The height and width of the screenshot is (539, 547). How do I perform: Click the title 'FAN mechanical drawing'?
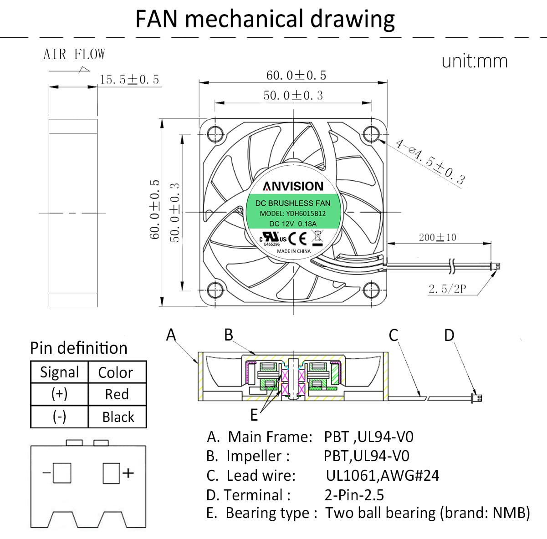(265, 20)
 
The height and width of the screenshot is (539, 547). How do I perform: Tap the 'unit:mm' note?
(474, 61)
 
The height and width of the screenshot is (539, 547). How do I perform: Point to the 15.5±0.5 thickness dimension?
(129, 80)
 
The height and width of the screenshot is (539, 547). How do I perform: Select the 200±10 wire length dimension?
(437, 237)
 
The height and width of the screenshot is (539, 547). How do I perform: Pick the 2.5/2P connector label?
(447, 289)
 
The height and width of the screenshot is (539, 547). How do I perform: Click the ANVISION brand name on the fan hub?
(293, 186)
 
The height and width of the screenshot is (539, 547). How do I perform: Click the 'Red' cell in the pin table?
(117, 394)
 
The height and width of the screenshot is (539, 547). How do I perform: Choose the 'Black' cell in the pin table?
(118, 417)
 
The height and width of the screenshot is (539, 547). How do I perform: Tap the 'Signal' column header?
(59, 372)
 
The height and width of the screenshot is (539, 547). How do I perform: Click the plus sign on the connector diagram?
(128, 473)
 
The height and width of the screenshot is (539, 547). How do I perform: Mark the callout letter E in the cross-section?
(254, 415)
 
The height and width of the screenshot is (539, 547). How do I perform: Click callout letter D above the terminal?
(449, 336)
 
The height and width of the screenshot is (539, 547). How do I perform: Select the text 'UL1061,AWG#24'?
(383, 475)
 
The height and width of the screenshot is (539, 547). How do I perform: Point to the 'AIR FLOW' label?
(74, 55)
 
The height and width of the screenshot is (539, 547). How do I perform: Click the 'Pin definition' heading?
(79, 348)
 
